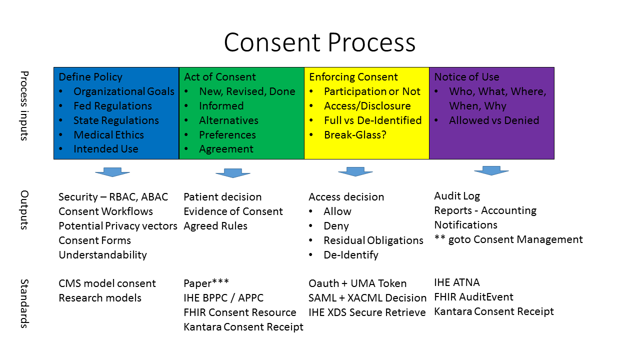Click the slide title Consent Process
click(319, 42)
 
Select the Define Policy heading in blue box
click(90, 77)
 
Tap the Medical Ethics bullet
click(108, 135)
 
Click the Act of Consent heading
click(219, 77)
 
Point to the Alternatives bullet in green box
click(228, 120)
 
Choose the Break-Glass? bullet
click(355, 135)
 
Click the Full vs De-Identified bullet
click(372, 120)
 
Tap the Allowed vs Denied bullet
click(494, 120)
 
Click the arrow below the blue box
click(112, 172)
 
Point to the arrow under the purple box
click(491, 170)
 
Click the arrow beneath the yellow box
click(355, 171)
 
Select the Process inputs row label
click(24, 106)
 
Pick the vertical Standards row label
click(24, 304)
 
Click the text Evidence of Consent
click(233, 211)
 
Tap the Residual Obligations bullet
click(373, 240)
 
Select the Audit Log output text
click(457, 196)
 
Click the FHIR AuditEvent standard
click(473, 297)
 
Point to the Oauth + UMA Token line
click(357, 283)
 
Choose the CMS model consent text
click(107, 283)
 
